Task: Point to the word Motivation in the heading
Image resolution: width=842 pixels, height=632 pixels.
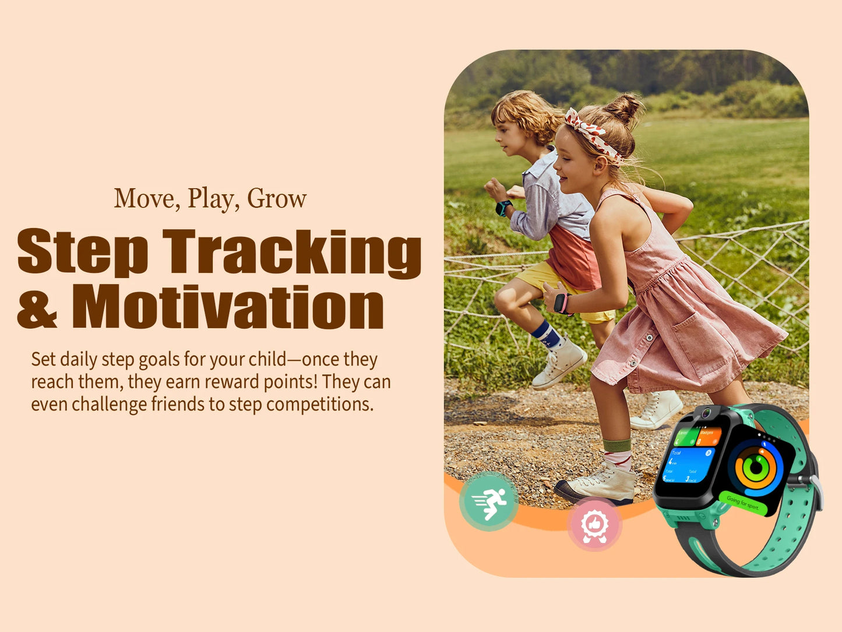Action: click(x=228, y=307)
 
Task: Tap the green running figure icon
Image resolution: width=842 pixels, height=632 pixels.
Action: click(x=488, y=501)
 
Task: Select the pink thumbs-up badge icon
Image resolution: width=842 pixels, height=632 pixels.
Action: click(x=594, y=524)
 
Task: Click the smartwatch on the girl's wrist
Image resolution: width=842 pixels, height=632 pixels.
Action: click(x=561, y=303)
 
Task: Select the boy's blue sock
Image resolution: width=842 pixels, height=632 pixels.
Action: click(x=546, y=335)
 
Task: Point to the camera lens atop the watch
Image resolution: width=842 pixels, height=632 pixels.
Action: click(x=706, y=413)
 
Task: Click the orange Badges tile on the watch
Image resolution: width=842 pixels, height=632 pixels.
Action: click(x=709, y=436)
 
